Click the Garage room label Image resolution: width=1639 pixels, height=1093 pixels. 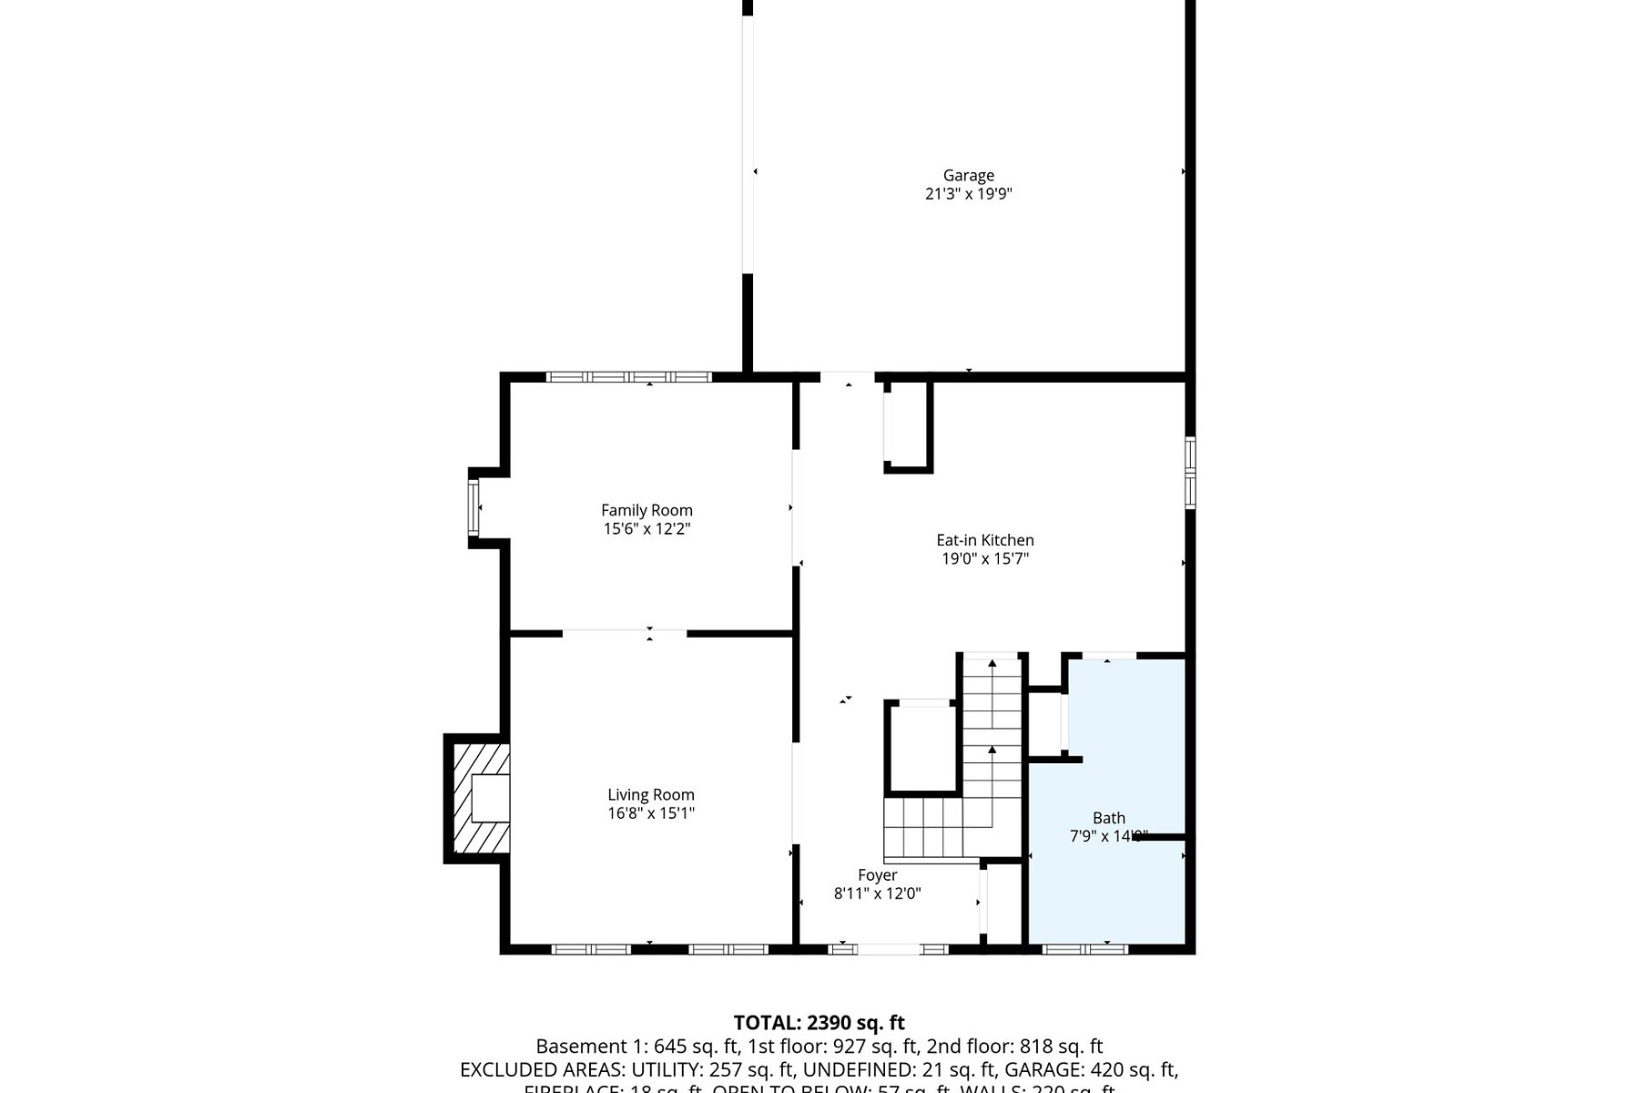[x=968, y=176]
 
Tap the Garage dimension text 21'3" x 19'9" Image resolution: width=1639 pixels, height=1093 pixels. [x=968, y=194]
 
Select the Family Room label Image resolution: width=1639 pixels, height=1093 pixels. [x=646, y=511]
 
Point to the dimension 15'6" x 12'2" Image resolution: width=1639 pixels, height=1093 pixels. [x=646, y=529]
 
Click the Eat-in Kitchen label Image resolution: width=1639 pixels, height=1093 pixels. [x=985, y=541]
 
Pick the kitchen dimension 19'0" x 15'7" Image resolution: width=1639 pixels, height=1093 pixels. [x=985, y=559]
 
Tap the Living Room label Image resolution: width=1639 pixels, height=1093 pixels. [x=651, y=795]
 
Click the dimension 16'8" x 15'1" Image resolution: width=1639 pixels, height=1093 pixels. [x=651, y=813]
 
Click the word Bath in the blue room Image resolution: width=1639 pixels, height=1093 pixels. [x=1109, y=819]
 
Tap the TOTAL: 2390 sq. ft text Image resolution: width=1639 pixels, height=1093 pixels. [x=819, y=1023]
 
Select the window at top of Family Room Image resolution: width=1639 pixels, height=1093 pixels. [x=628, y=376]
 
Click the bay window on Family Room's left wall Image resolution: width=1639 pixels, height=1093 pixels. [x=473, y=507]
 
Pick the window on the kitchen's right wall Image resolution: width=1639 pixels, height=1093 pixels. [x=1190, y=472]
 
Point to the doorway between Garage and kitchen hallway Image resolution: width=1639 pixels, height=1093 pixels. [x=847, y=376]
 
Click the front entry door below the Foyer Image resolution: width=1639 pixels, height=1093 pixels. [x=889, y=949]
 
